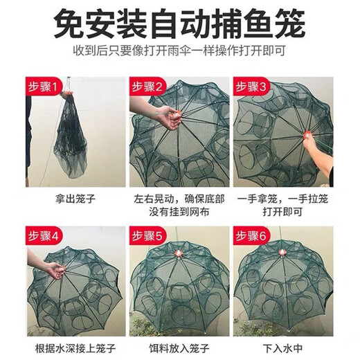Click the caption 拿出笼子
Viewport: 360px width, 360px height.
pyautogui.click(x=75, y=199)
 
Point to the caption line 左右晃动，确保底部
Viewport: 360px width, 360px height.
pyautogui.click(x=179, y=199)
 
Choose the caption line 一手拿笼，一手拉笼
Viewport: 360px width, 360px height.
pyautogui.click(x=283, y=199)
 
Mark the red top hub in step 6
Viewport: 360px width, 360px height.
pyautogui.click(x=283, y=250)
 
